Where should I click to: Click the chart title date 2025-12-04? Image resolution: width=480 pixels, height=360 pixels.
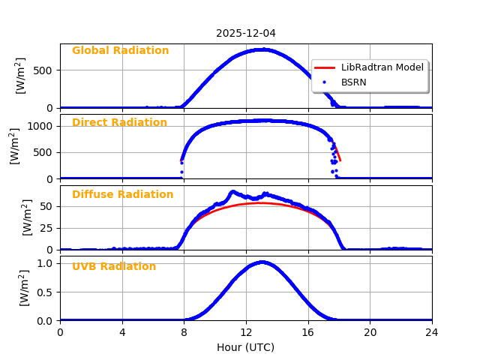click(246, 34)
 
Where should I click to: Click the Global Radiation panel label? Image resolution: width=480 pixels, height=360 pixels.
click(120, 51)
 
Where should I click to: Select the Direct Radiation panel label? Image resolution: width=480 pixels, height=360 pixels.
click(119, 123)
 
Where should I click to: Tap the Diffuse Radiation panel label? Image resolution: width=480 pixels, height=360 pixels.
click(122, 195)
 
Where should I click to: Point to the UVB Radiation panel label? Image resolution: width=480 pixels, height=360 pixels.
click(114, 267)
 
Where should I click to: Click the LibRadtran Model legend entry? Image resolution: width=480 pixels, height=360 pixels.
click(382, 67)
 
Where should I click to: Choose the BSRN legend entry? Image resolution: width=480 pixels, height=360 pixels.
click(353, 82)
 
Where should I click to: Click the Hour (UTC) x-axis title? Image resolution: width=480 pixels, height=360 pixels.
click(246, 347)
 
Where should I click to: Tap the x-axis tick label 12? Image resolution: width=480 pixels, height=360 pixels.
click(246, 332)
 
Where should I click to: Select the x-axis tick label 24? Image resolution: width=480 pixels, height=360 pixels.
click(432, 332)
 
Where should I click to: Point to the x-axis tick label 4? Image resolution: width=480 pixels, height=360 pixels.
click(122, 332)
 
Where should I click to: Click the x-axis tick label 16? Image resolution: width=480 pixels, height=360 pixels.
click(308, 332)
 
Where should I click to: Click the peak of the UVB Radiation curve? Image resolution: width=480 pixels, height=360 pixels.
click(261, 262)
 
